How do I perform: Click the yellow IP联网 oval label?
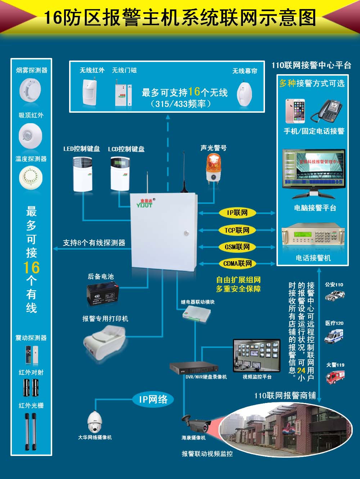(237, 213)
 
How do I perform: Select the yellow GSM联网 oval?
(237, 247)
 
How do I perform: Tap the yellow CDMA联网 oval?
(237, 264)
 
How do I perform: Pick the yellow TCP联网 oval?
(237, 230)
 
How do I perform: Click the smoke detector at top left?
(30, 90)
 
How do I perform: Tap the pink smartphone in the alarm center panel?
(295, 111)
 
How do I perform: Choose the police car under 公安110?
(335, 296)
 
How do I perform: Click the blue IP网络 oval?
(153, 399)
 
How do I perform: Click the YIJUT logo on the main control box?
(144, 204)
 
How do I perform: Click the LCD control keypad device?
(120, 173)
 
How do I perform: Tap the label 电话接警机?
(313, 258)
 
